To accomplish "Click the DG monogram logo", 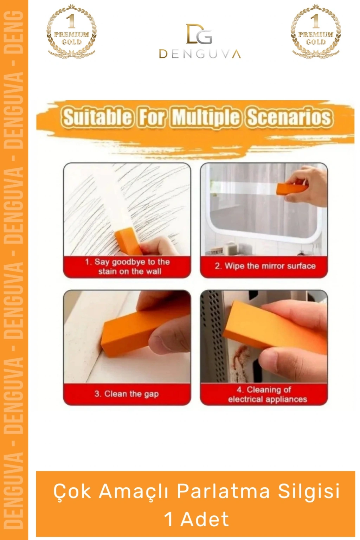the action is point(199,34).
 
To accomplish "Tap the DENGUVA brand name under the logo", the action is point(200,54).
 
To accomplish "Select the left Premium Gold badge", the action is point(71,31).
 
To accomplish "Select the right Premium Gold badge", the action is point(316,31).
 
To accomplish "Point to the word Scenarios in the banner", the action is point(290,117).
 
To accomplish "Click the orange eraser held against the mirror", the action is point(292,189).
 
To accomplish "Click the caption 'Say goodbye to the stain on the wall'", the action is point(127,266).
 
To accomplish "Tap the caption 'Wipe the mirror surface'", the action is point(265,266).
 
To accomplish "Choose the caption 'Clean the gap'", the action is point(127,394).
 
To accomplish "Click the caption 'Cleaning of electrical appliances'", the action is point(267,395).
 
